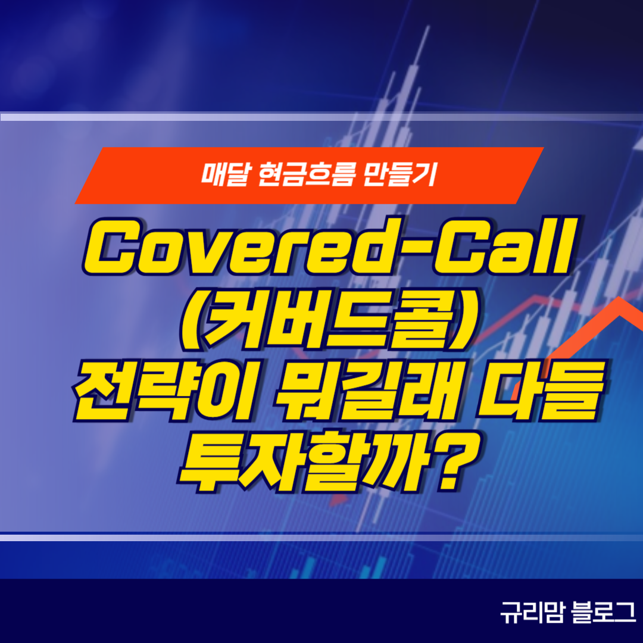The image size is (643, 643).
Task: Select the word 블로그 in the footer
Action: (603, 613)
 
